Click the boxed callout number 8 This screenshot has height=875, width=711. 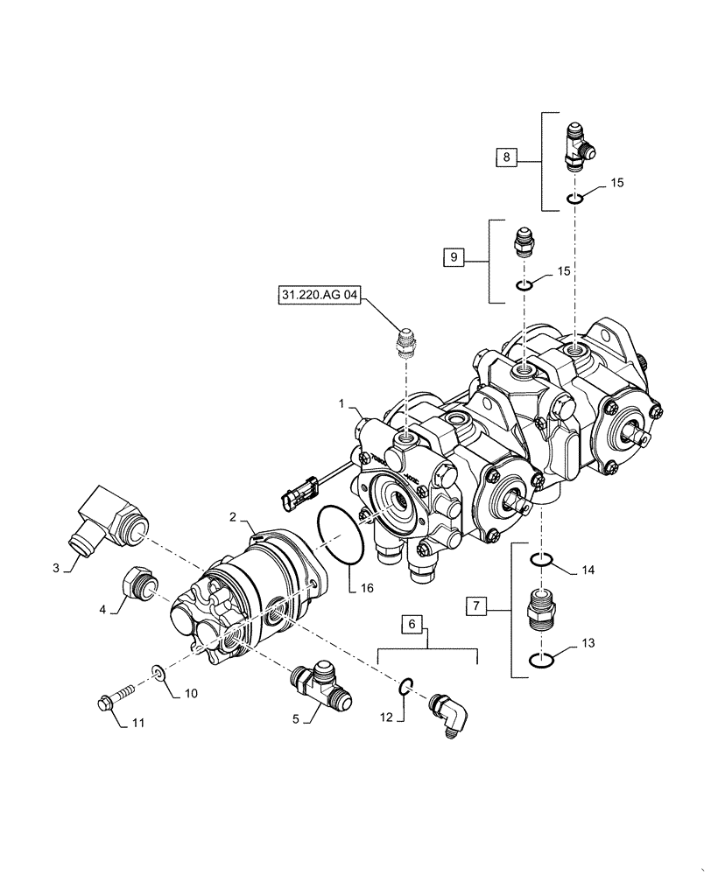505,157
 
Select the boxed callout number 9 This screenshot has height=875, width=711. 454,257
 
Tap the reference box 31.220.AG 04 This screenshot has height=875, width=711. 319,297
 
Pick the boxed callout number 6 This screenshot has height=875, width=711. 413,625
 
